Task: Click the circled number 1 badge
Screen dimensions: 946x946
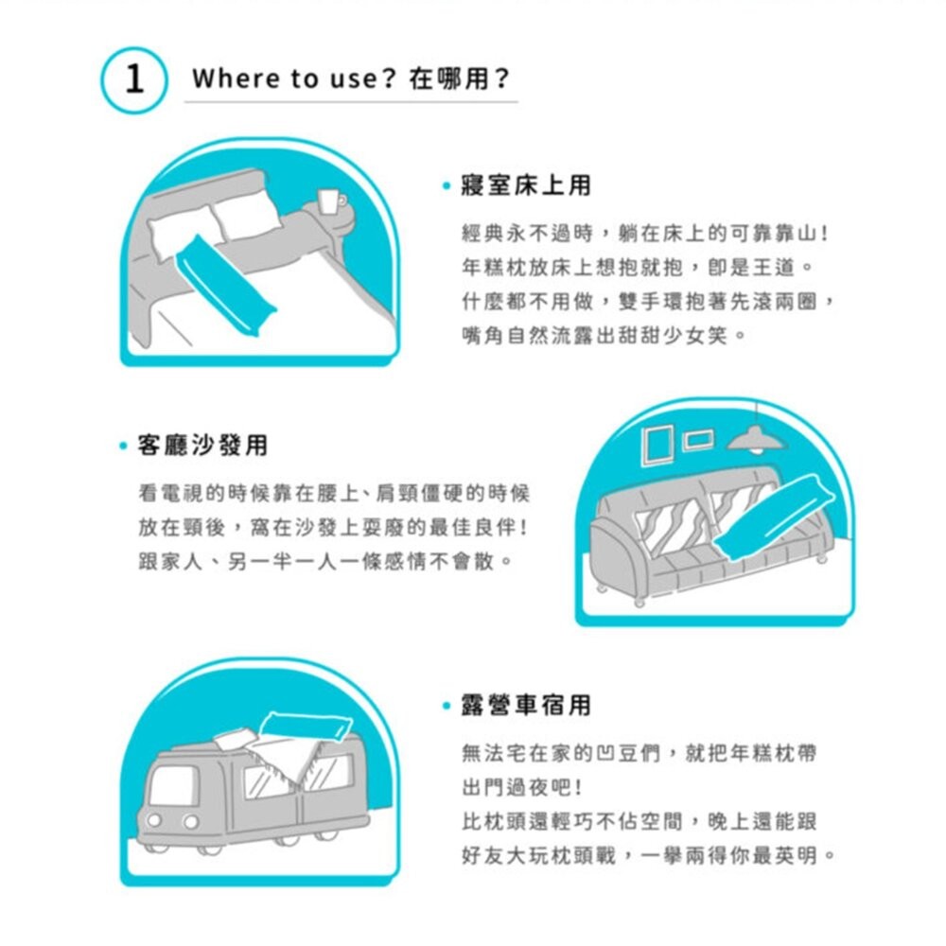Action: (x=134, y=79)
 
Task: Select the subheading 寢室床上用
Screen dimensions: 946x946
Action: (x=526, y=186)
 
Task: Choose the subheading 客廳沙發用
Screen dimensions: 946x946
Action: (x=202, y=445)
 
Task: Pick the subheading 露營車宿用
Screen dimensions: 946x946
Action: (x=526, y=705)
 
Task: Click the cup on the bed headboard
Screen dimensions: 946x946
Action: (x=328, y=201)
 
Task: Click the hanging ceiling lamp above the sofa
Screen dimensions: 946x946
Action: (x=755, y=437)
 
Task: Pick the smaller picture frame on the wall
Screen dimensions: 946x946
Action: (x=697, y=438)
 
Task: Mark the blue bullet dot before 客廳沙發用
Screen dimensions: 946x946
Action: (x=123, y=446)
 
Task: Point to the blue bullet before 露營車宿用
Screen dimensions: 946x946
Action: (x=445, y=706)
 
